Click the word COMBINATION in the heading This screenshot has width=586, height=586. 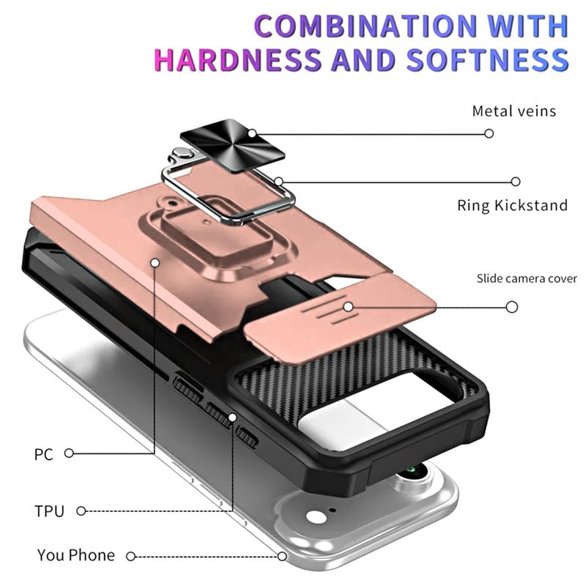tap(366, 26)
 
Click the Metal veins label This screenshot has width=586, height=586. tap(514, 111)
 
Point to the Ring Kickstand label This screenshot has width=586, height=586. tap(512, 206)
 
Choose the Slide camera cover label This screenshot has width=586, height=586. tap(527, 278)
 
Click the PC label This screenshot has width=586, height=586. tap(44, 454)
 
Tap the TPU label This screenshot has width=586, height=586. tap(49, 511)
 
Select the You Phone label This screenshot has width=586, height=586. tap(76, 555)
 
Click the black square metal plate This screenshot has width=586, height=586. tap(232, 146)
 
